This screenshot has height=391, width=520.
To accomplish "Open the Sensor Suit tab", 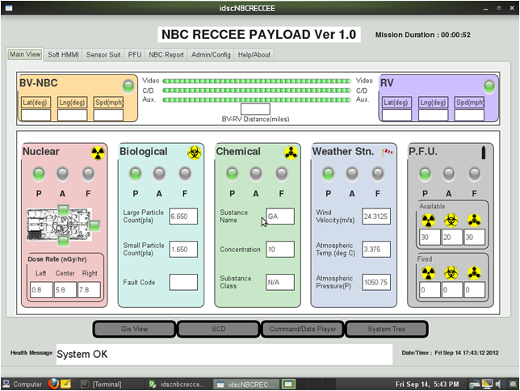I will (x=103, y=55).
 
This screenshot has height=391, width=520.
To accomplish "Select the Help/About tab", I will (x=254, y=55).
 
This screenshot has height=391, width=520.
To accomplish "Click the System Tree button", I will (x=386, y=329).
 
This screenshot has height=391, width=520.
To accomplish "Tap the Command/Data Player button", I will (x=302, y=329).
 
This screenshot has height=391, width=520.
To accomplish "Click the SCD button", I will (x=218, y=329).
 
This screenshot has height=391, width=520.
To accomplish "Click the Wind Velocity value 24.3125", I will (x=376, y=217).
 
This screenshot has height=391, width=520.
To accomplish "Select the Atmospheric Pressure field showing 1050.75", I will (x=376, y=282).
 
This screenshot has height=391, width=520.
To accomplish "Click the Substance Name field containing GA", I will (x=279, y=217).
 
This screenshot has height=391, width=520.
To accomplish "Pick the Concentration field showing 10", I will (x=279, y=250).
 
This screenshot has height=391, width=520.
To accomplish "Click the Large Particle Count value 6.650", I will (x=183, y=217).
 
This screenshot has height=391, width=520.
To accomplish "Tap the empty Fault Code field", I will (x=183, y=282).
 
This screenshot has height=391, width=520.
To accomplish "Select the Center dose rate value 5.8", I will (x=65, y=290).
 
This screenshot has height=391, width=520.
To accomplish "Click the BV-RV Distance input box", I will (x=255, y=109).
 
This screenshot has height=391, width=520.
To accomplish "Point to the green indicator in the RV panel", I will (x=489, y=86).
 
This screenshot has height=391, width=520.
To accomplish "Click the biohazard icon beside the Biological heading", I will (x=195, y=152).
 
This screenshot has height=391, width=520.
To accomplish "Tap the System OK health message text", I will (x=82, y=354).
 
